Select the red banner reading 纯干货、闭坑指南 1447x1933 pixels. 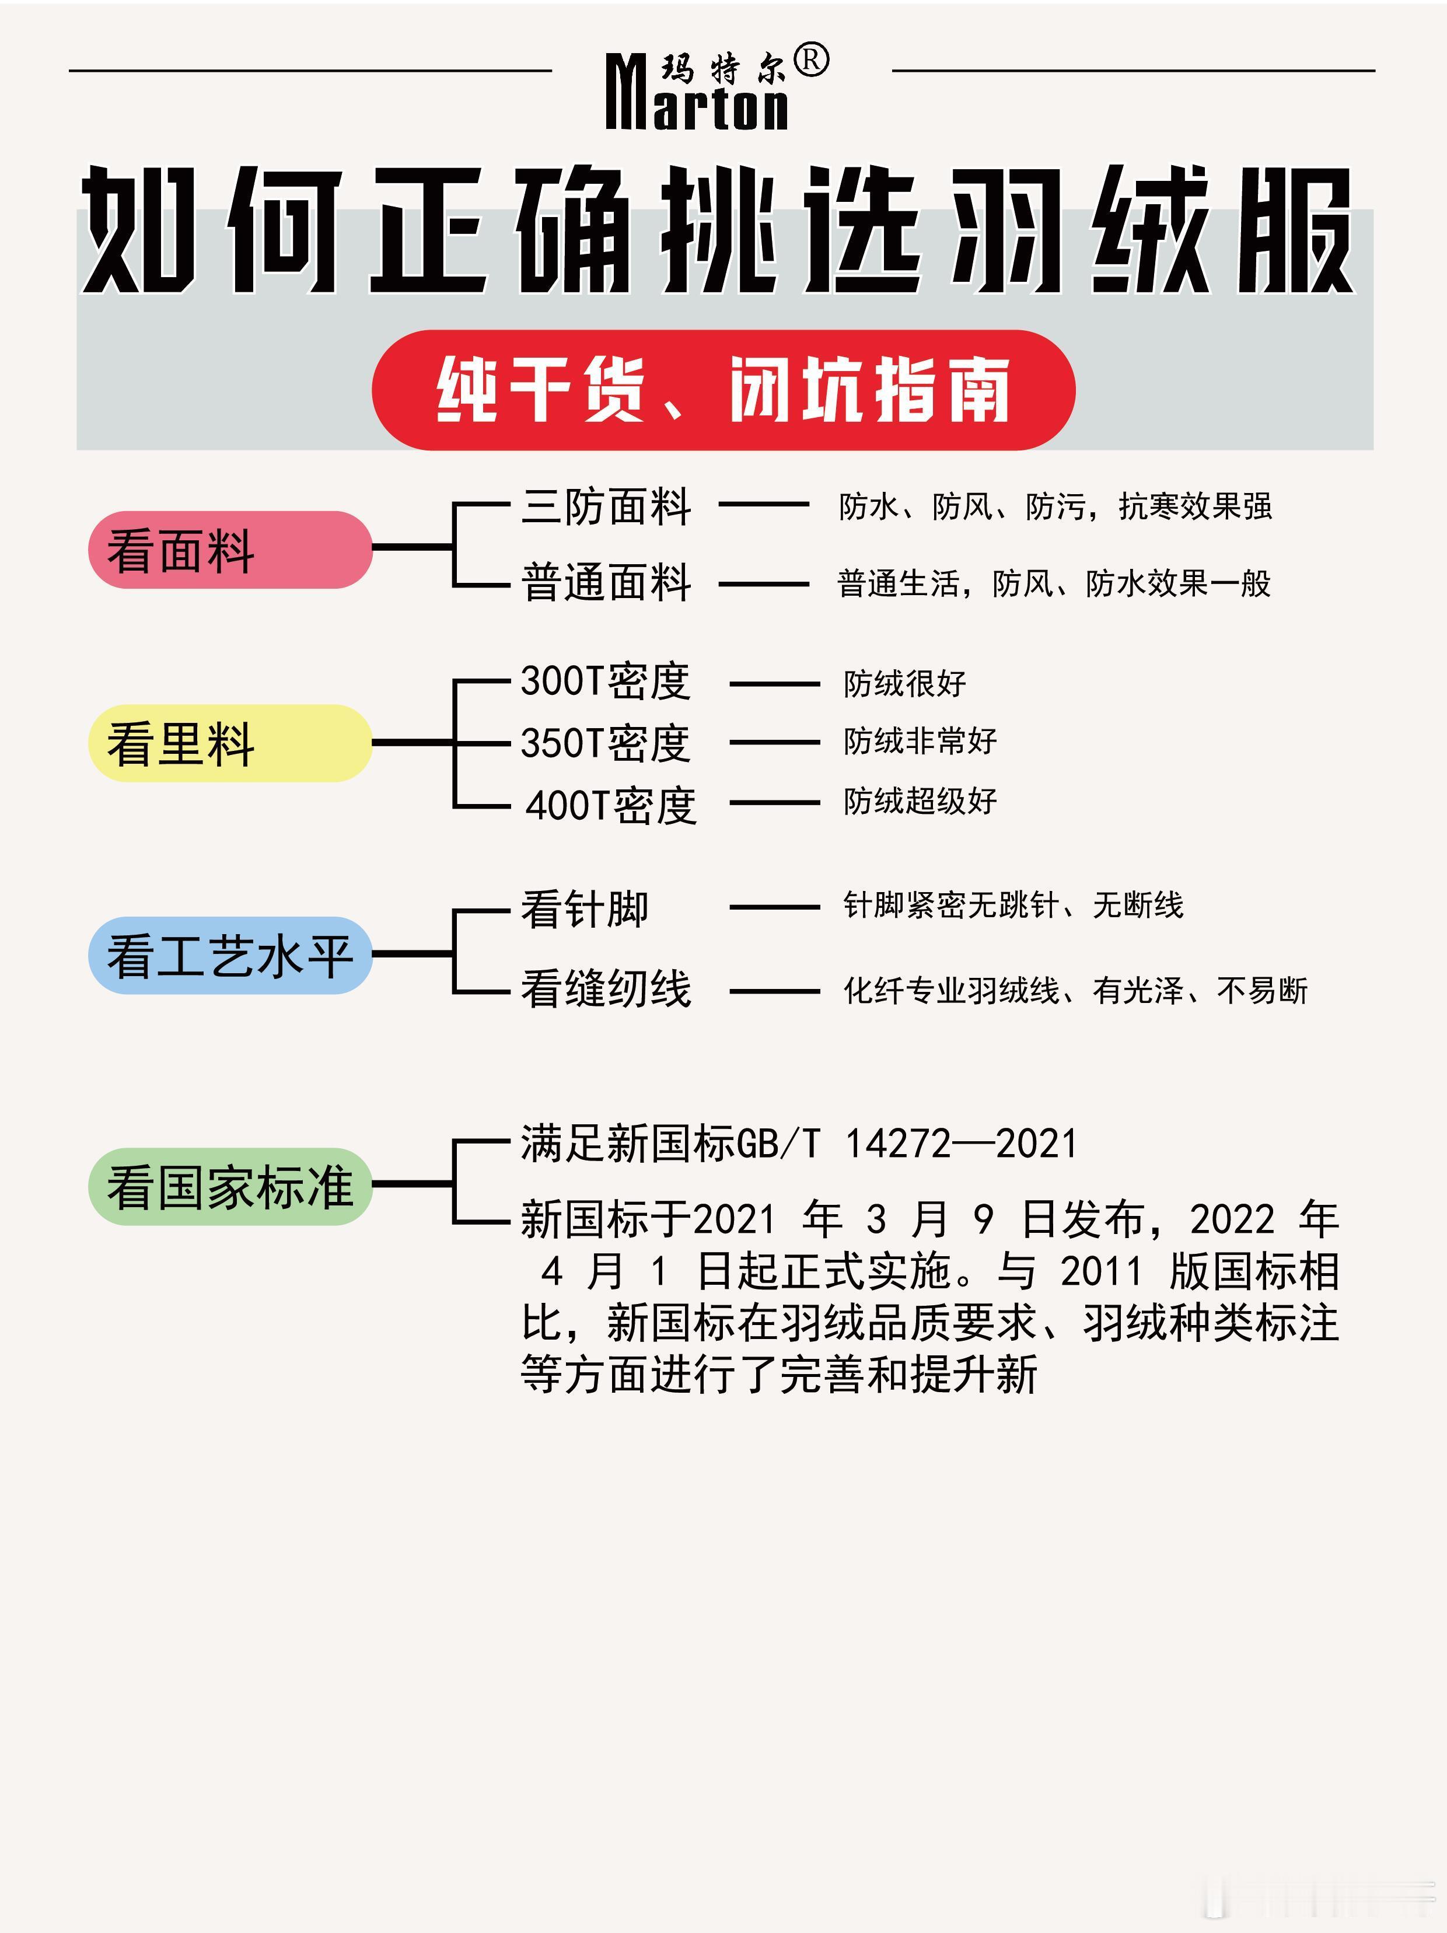pyautogui.click(x=723, y=390)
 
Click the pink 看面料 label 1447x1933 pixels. pyautogui.click(x=230, y=550)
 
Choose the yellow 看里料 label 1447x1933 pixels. pyautogui.click(x=230, y=743)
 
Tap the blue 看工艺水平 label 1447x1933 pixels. pyautogui.click(x=230, y=955)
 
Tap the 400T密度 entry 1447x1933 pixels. pyautogui.click(x=610, y=805)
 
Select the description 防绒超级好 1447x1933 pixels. pyautogui.click(x=920, y=801)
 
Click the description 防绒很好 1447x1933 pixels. pyautogui.click(x=904, y=683)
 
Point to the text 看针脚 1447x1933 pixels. pyautogui.click(x=585, y=909)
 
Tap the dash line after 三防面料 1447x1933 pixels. pyautogui.click(x=764, y=504)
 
